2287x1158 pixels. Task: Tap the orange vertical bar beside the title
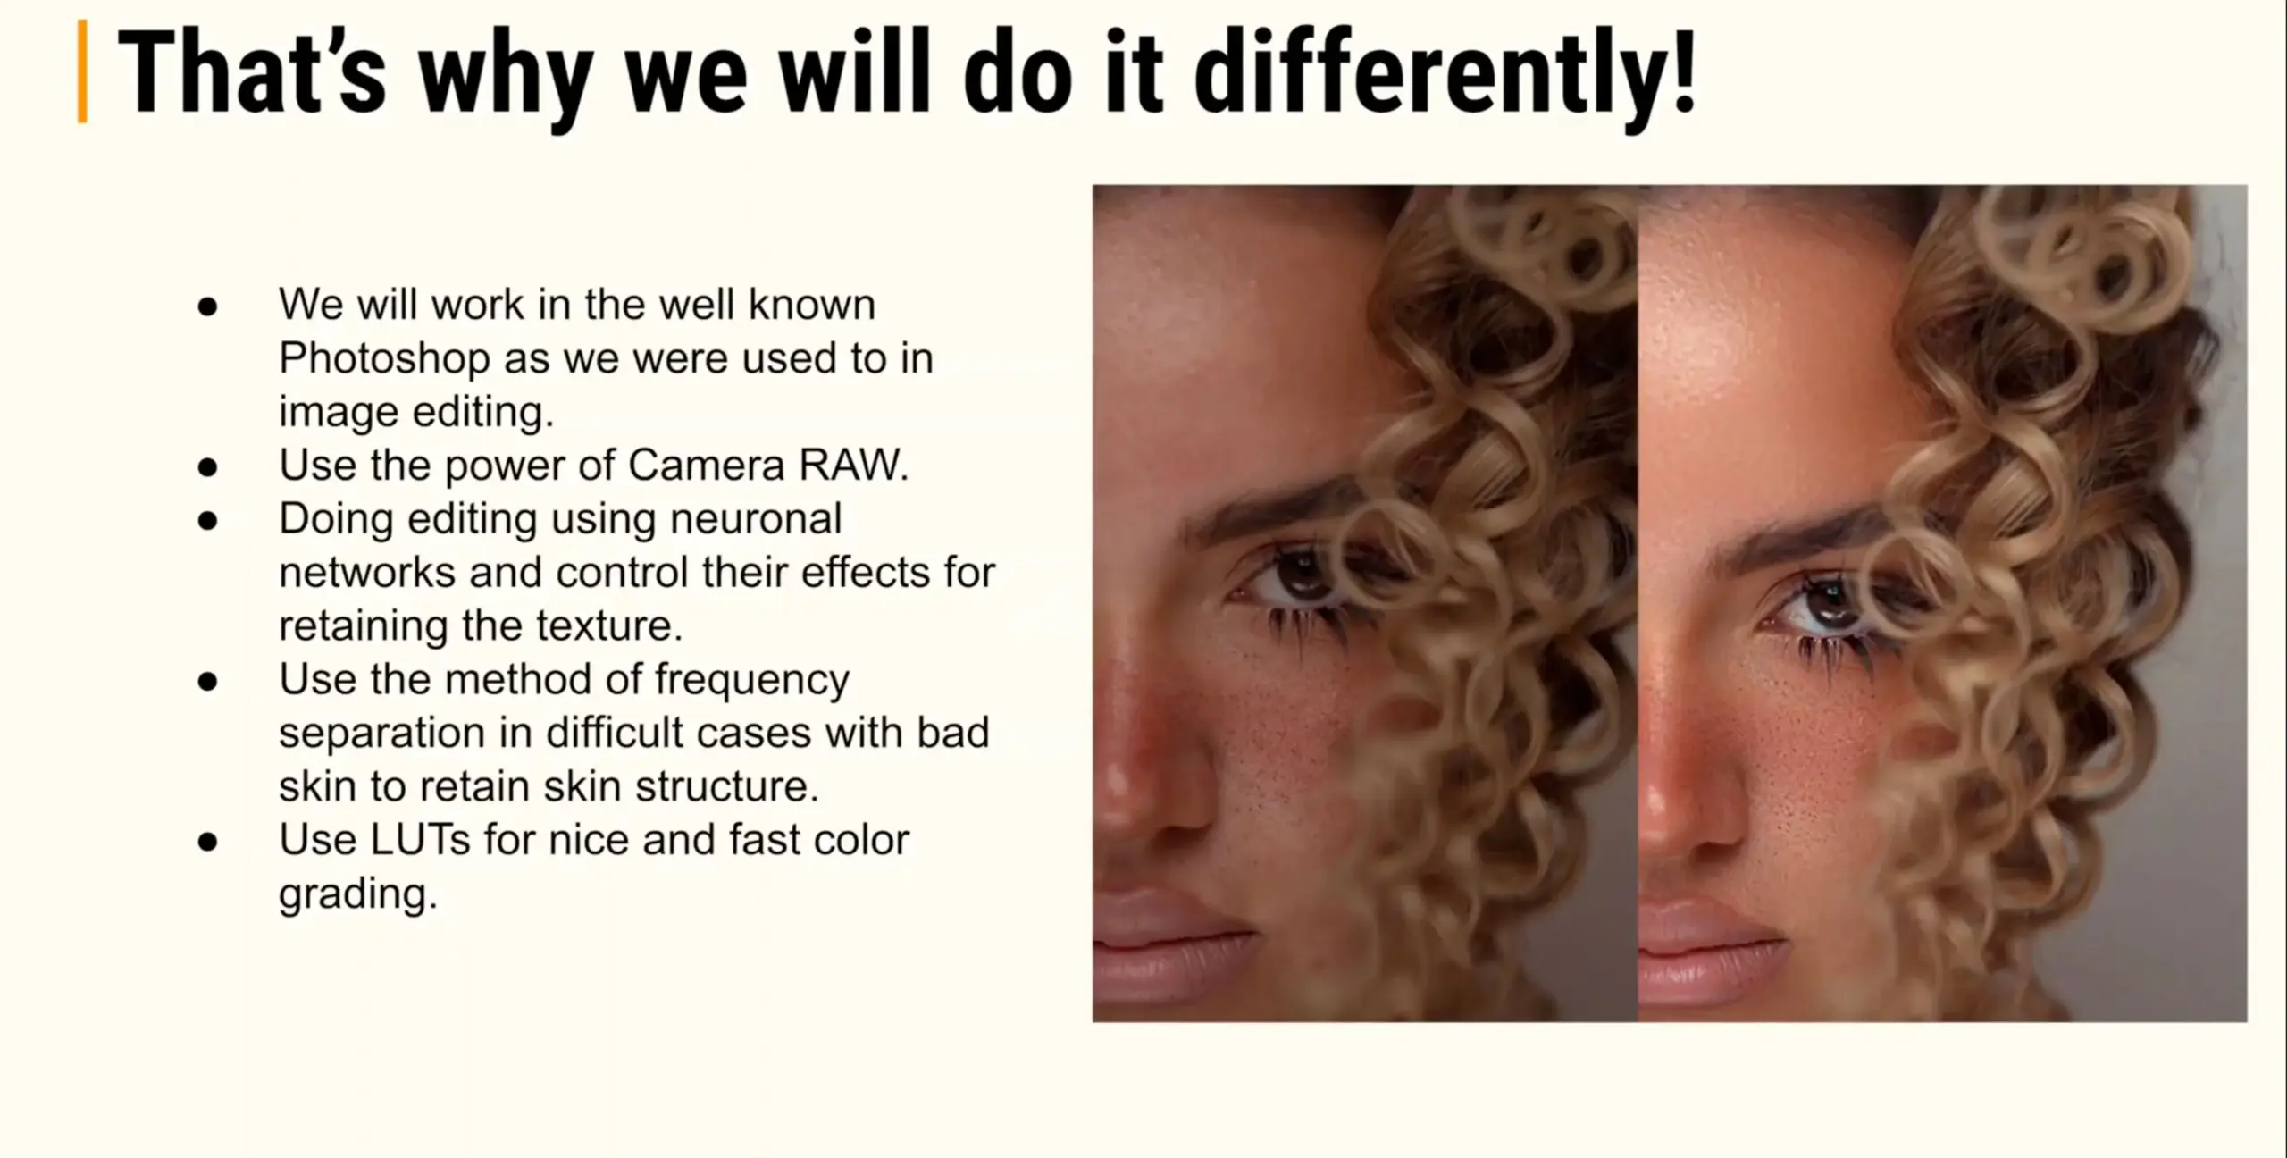[x=83, y=71]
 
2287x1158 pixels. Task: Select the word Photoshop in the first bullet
[x=385, y=359]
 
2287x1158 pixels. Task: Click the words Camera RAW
[x=768, y=465]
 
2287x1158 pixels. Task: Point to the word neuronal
[x=756, y=518]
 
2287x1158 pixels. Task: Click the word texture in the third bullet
[x=609, y=625]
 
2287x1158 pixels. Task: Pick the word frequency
[x=751, y=680]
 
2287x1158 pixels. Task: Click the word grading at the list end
[x=358, y=894]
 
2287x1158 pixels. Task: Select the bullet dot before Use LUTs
[x=208, y=842]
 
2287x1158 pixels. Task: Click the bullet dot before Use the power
[x=208, y=466]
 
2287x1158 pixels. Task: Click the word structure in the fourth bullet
[x=727, y=787]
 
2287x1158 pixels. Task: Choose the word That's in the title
[x=251, y=72]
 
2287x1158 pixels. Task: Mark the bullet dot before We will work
[x=208, y=306]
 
